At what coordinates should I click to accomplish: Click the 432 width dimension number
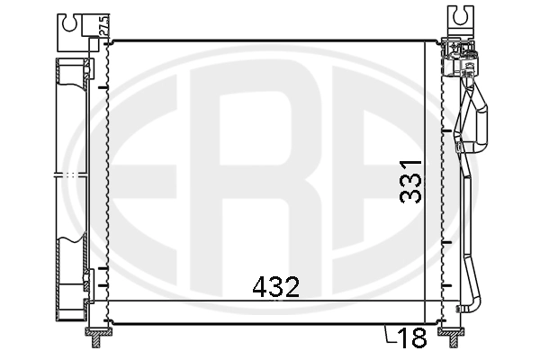(x=274, y=288)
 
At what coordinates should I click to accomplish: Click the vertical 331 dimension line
(x=424, y=180)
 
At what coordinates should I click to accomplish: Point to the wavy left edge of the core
(x=108, y=180)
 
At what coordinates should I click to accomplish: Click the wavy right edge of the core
(x=441, y=180)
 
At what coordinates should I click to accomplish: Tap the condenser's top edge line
(x=270, y=40)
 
